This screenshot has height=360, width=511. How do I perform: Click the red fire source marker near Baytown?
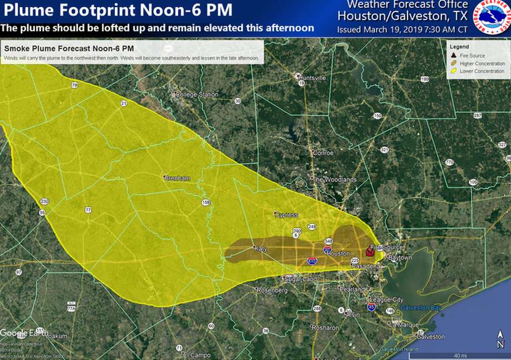pyautogui.click(x=369, y=252)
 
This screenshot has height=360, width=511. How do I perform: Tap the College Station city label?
pyautogui.click(x=197, y=94)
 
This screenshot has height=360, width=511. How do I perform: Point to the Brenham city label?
pyautogui.click(x=177, y=178)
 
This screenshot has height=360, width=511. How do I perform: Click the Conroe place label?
pyautogui.click(x=323, y=153)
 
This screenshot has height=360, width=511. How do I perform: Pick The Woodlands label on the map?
pyautogui.click(x=333, y=179)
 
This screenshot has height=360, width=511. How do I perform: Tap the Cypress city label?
pyautogui.click(x=286, y=215)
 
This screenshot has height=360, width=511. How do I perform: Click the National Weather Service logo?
pyautogui.click(x=490, y=18)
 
